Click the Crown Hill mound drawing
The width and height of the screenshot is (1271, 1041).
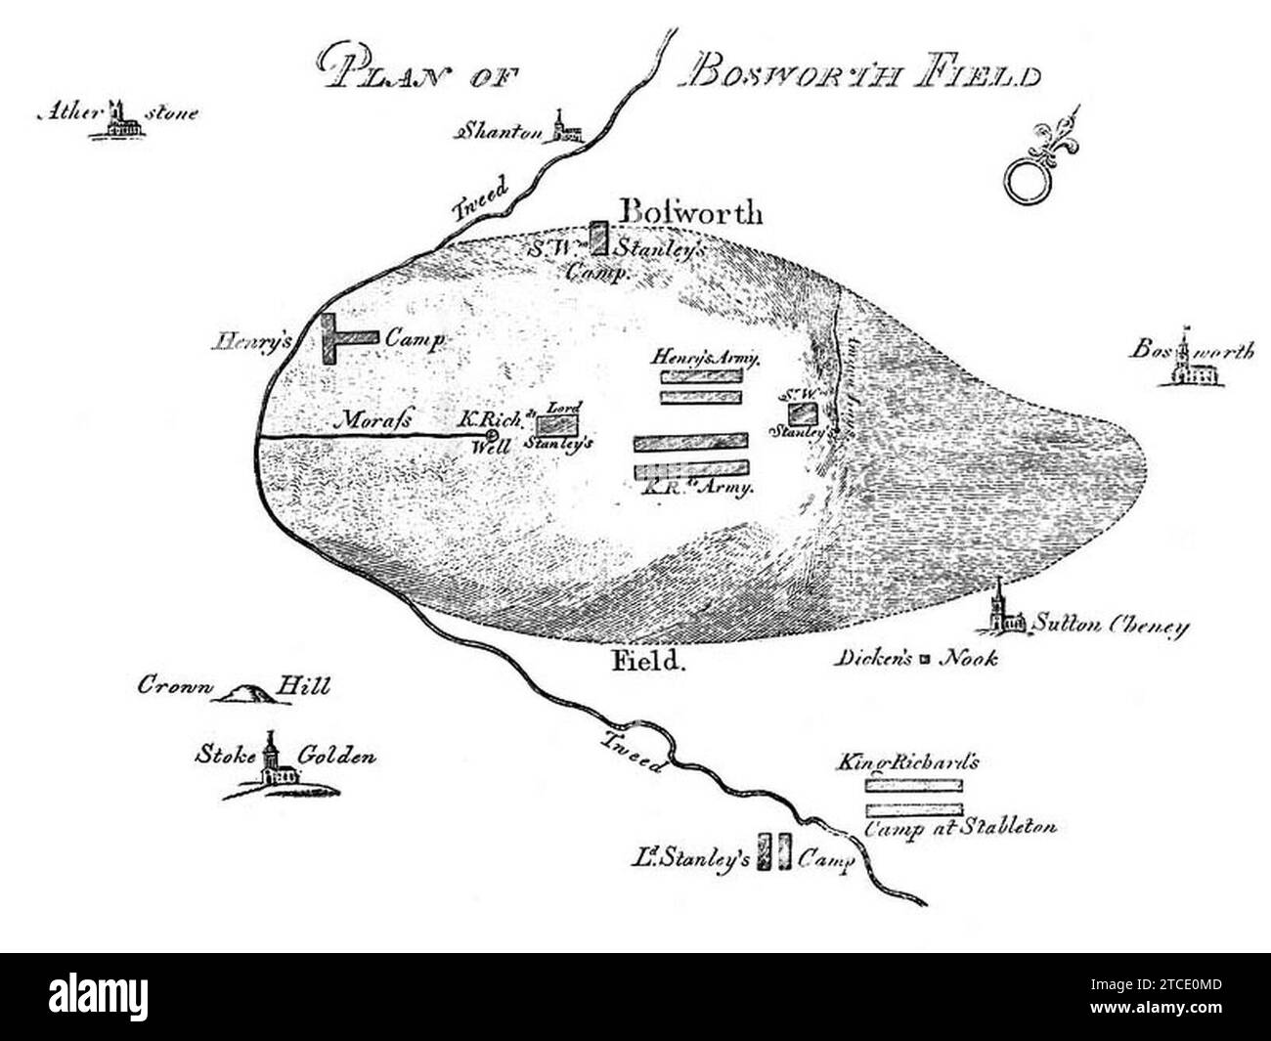(242, 693)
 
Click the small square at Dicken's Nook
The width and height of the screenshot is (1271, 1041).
(924, 659)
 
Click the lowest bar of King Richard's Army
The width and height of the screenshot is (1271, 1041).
(692, 468)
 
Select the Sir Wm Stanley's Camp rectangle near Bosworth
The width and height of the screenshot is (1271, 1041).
(598, 239)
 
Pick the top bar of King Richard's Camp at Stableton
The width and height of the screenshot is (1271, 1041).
(914, 783)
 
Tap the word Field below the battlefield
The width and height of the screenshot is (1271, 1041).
(645, 661)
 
